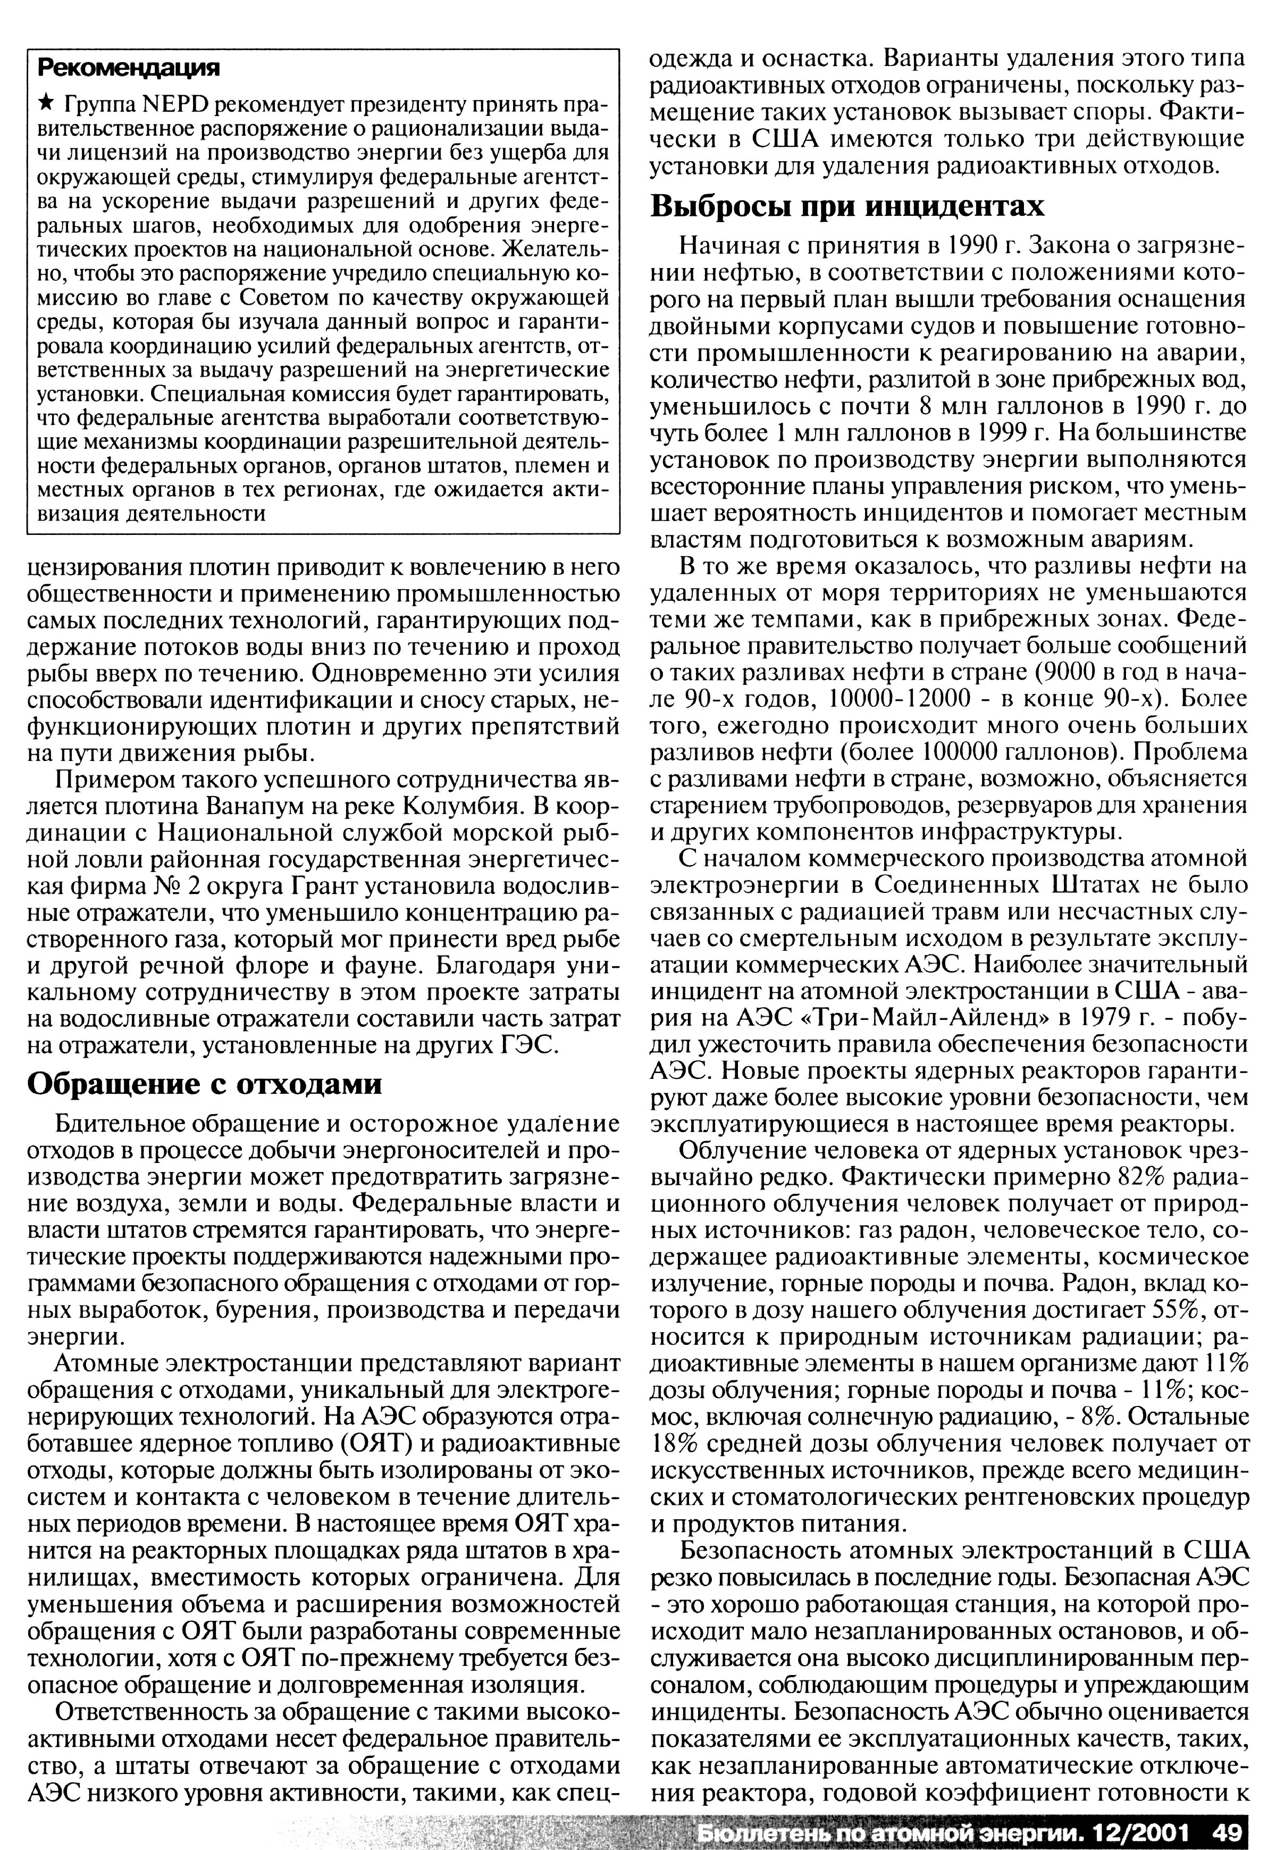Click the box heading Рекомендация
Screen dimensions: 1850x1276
129,69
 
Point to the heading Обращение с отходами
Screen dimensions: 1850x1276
205,1084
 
